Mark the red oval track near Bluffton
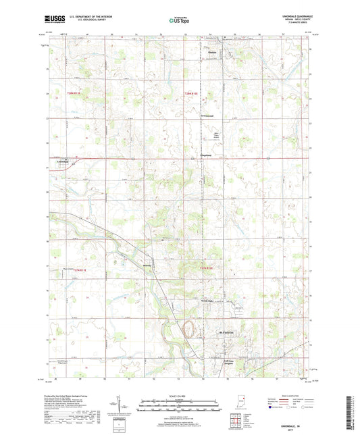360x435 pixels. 190,329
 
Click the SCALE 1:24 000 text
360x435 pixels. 180,395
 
